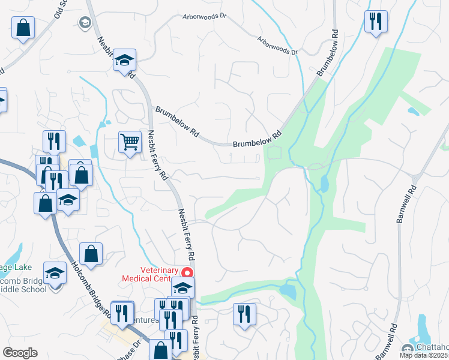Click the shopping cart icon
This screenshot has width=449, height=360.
click(130, 143)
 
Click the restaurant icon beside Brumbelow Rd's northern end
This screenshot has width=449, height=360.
click(376, 22)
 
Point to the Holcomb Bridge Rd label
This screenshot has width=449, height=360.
click(90, 287)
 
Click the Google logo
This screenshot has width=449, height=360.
click(20, 353)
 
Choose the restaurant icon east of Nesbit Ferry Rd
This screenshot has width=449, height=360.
click(244, 314)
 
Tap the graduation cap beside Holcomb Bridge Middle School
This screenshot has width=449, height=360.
click(55, 274)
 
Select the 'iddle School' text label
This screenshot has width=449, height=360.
click(23, 289)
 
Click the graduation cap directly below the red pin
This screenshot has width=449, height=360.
click(183, 288)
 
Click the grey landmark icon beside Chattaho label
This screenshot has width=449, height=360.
click(406, 349)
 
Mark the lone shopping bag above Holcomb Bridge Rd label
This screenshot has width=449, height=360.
click(91, 254)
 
